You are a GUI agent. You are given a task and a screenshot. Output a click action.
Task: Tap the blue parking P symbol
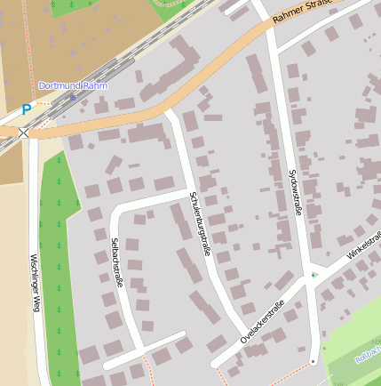coord(26,110)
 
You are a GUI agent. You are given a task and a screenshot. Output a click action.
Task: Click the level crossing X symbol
coord(23,133)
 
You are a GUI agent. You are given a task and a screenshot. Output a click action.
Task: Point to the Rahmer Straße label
coord(302,11)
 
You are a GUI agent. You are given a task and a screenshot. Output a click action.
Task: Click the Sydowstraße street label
coord(299,197)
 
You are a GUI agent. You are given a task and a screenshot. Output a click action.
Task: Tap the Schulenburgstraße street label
coord(200,224)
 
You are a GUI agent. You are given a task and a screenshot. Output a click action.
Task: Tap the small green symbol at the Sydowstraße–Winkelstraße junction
coord(314,275)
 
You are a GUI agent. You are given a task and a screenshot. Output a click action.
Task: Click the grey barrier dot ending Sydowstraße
coord(313,362)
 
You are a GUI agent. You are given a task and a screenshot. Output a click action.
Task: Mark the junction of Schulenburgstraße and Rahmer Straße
coord(169,112)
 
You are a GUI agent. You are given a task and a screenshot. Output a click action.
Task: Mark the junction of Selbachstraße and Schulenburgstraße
coord(189,194)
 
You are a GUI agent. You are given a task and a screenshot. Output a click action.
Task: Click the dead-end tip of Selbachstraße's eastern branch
coord(183,335)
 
